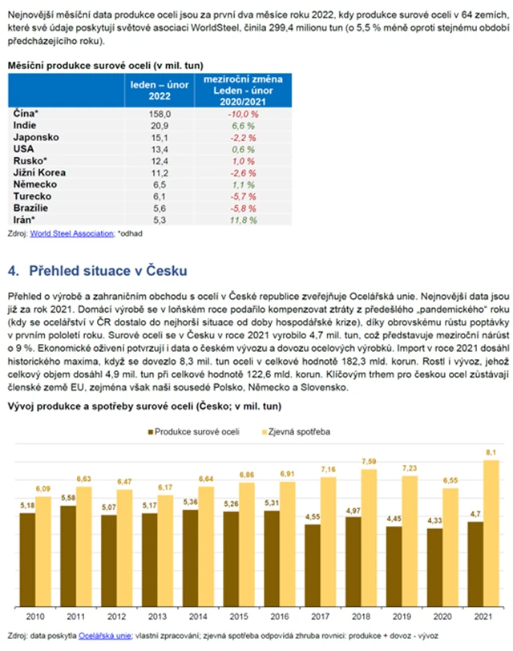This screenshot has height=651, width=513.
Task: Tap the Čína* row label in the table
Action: click(x=26, y=114)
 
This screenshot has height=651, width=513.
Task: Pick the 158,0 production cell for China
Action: click(x=153, y=114)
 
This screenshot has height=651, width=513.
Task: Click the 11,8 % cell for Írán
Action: click(x=244, y=219)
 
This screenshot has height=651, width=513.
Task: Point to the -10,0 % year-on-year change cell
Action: click(x=244, y=114)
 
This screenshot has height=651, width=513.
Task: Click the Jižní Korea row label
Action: click(x=39, y=172)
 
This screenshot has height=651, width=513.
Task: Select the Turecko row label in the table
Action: click(x=32, y=196)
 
